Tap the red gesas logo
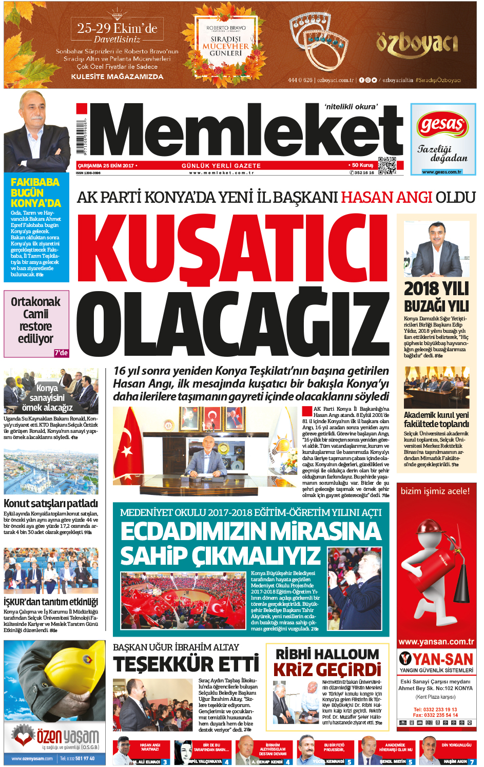coord(442,124)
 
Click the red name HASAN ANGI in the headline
coord(386,197)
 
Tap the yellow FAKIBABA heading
coord(35,182)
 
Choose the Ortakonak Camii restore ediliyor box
coord(36,323)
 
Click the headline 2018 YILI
coord(436,289)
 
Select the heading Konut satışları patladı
coord(51,504)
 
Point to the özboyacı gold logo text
coord(417,44)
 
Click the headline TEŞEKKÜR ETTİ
coord(186,664)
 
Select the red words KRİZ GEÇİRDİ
coord(327,670)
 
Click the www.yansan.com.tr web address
coord(436,642)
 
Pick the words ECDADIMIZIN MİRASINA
coord(251,531)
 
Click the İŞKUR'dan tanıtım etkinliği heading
coord(51,602)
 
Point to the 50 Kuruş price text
coord(362,165)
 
